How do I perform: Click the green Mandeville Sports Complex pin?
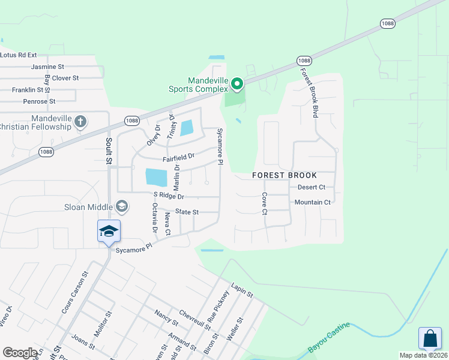[x=237, y=85]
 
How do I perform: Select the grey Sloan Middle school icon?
[x=122, y=207]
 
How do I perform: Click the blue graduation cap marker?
[x=109, y=232]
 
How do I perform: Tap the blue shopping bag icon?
[x=430, y=338]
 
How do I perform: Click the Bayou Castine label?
[x=328, y=339]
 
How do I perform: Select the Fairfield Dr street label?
[x=178, y=158]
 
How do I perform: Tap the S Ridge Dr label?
[x=169, y=196]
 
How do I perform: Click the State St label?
[x=187, y=212]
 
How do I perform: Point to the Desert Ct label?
[x=311, y=187]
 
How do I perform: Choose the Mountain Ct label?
[x=312, y=202]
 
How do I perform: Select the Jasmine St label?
[x=47, y=67]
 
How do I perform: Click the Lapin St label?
[x=242, y=290]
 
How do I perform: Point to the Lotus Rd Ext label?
[x=19, y=55]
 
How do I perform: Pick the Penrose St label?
[x=39, y=101]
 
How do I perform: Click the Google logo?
[x=20, y=353]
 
